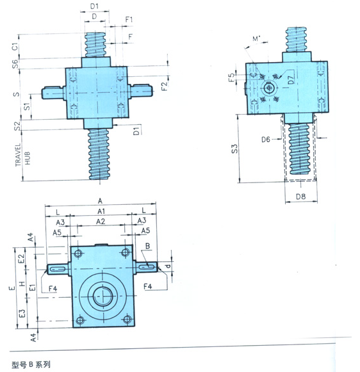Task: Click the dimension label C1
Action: (15, 46)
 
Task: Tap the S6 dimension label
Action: (15, 64)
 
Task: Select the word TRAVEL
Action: (18, 155)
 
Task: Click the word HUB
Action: (28, 158)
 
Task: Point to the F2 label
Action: (164, 86)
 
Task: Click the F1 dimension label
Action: (129, 19)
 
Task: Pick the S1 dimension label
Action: (27, 106)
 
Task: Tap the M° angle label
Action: (256, 38)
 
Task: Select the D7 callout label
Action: (291, 79)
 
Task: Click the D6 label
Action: (266, 140)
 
